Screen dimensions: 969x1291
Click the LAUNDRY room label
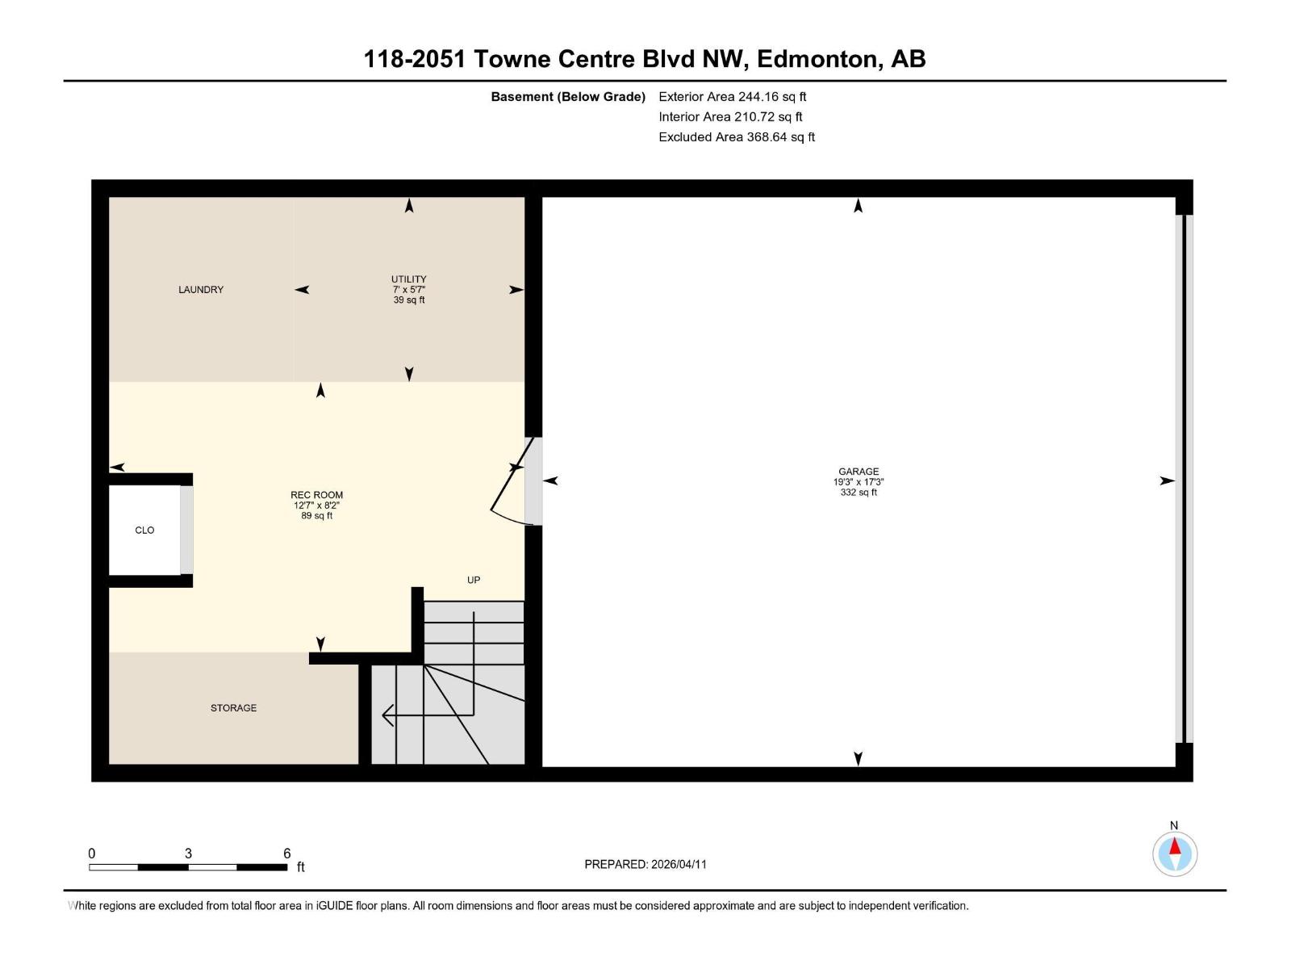point(201,290)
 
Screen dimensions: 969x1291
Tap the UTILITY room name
point(409,279)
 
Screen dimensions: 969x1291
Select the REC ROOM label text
point(316,495)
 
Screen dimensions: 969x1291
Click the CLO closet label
point(144,531)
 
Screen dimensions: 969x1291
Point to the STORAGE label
point(233,708)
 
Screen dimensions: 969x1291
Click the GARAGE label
point(858,472)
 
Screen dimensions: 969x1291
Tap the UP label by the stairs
point(474,580)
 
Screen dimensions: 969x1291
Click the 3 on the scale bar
point(188,854)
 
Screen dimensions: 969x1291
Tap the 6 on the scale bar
point(286,854)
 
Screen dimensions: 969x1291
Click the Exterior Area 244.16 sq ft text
point(732,97)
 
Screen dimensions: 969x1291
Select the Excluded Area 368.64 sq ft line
point(736,137)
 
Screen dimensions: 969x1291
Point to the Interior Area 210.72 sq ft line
point(730,117)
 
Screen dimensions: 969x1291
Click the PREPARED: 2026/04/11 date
point(645,864)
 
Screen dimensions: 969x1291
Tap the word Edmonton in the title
point(817,59)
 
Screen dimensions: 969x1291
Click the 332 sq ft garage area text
point(858,493)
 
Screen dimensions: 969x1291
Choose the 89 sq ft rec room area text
point(316,516)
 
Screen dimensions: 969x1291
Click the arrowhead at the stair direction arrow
point(386,715)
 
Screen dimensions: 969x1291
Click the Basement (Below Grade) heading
point(568,97)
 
